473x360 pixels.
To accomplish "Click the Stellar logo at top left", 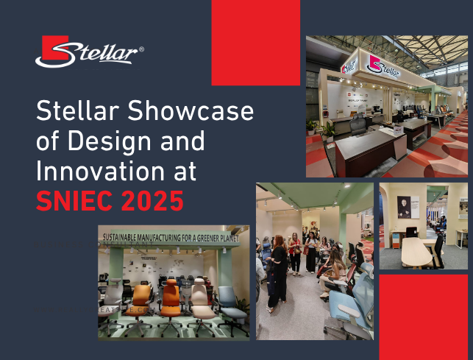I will point(89,52).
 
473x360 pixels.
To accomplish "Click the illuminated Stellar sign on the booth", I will point(383,68).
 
